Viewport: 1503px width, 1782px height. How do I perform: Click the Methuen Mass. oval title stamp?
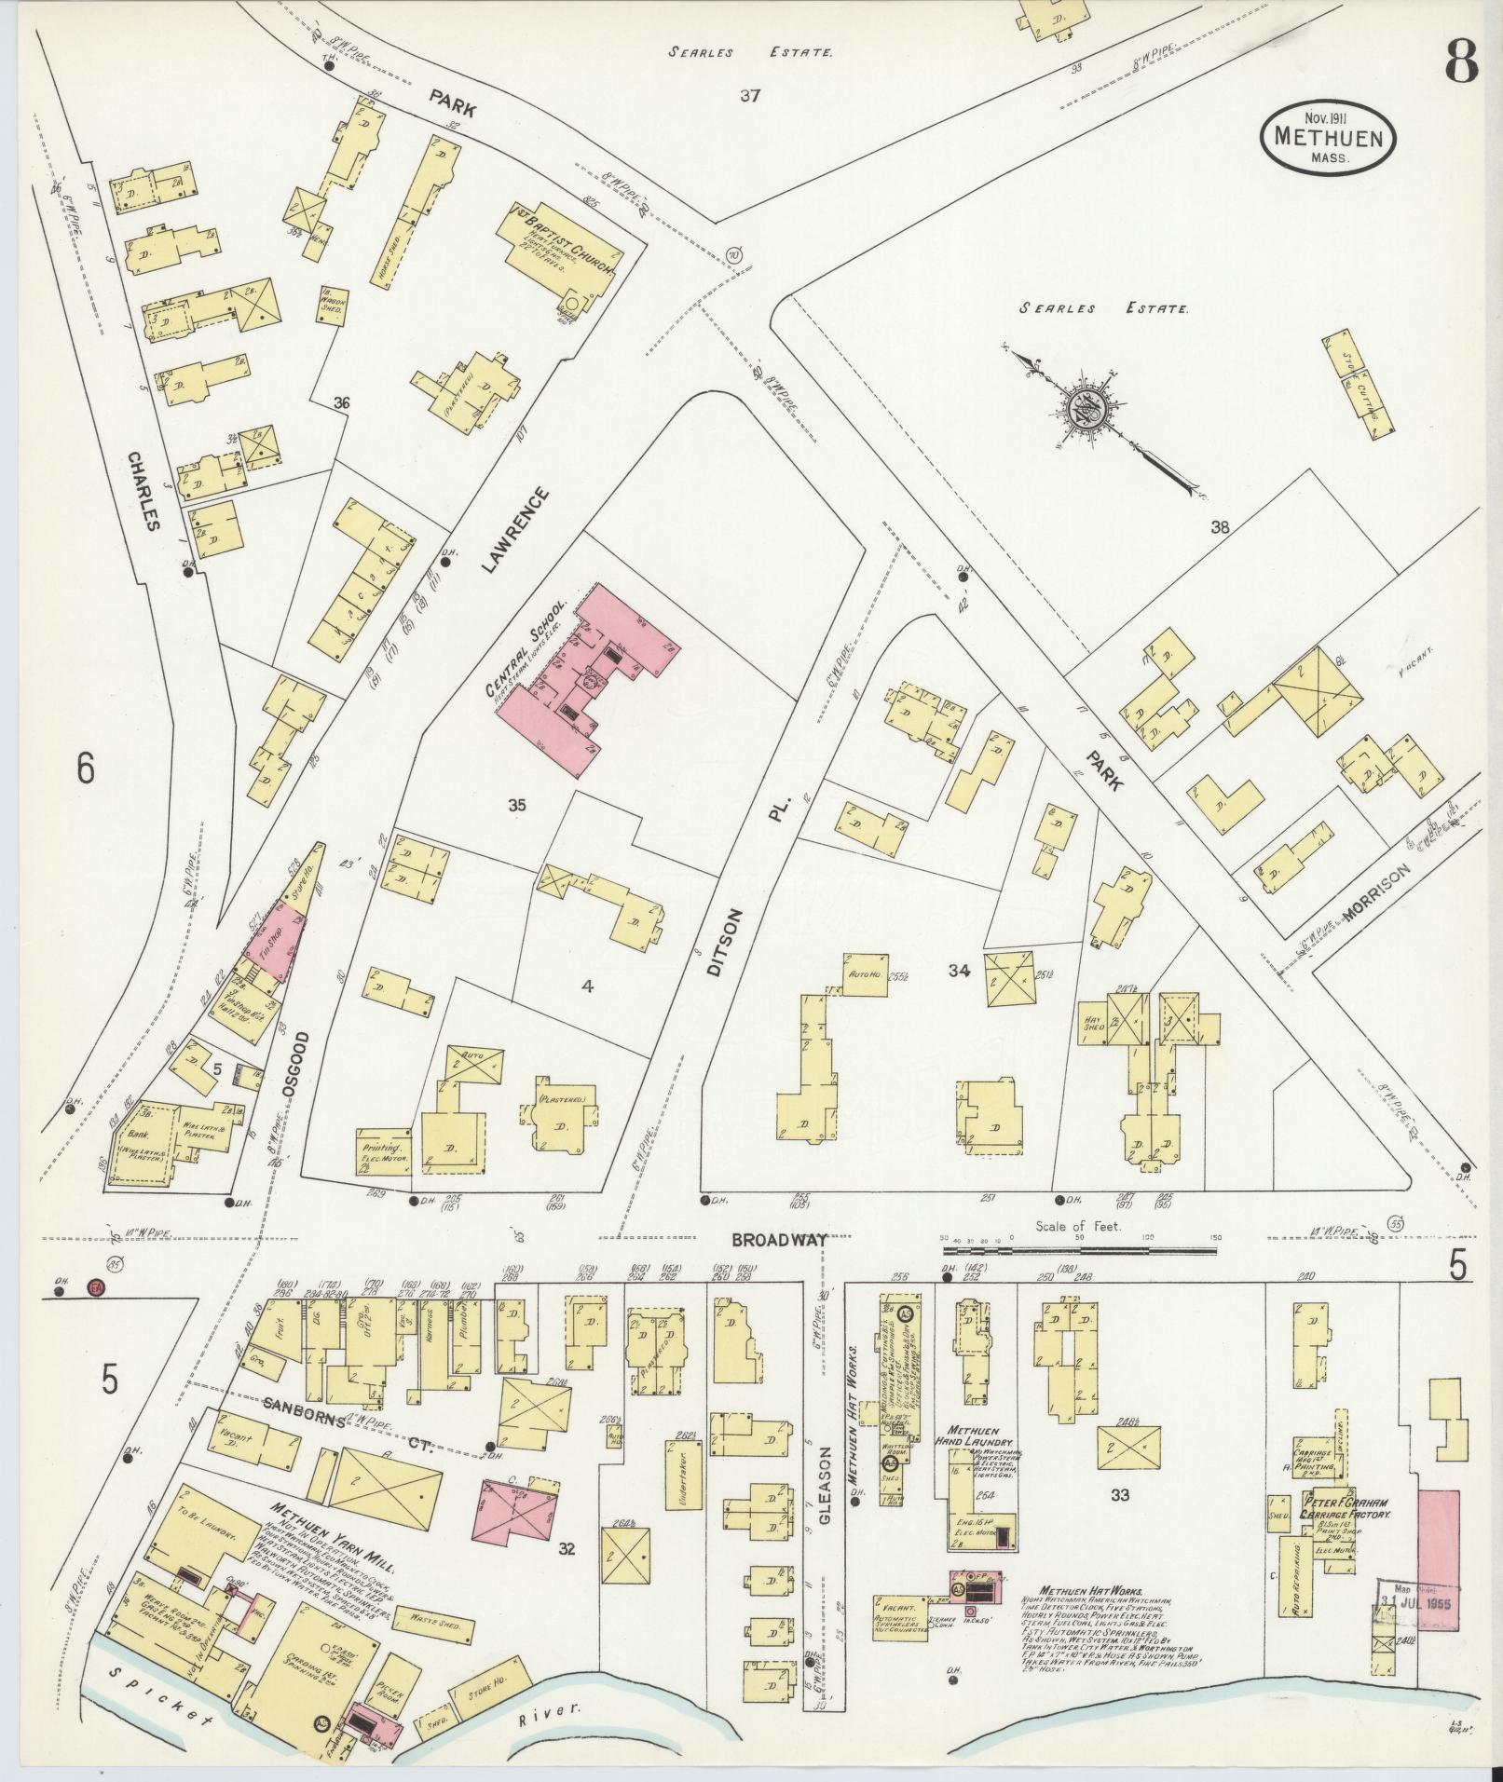(x=1328, y=137)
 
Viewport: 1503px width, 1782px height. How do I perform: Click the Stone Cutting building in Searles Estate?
(x=1359, y=386)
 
